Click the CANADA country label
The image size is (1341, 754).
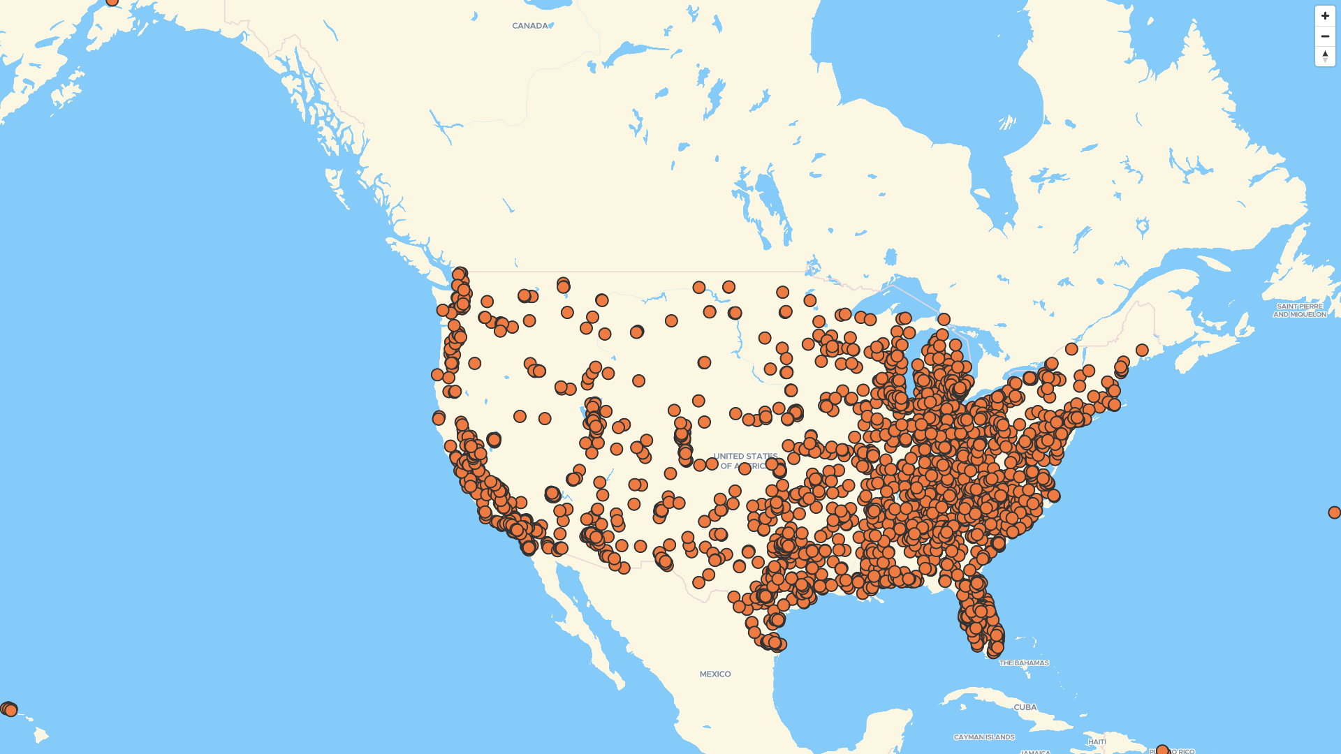click(x=530, y=26)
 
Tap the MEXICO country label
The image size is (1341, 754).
click(x=715, y=674)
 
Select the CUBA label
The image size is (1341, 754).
click(x=1025, y=707)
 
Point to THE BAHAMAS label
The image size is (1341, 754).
click(x=1024, y=663)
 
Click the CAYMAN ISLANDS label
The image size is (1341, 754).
click(x=984, y=737)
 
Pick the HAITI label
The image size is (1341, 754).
click(x=1097, y=741)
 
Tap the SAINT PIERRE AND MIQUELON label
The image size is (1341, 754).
click(x=1299, y=310)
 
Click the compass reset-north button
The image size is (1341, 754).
click(x=1325, y=57)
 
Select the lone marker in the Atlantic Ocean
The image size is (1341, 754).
click(x=1334, y=512)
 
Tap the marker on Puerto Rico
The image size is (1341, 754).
click(x=1162, y=751)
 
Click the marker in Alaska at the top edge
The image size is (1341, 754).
click(x=112, y=1)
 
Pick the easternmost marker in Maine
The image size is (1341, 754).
click(x=1142, y=350)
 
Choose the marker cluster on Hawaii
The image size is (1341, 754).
click(x=8, y=709)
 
